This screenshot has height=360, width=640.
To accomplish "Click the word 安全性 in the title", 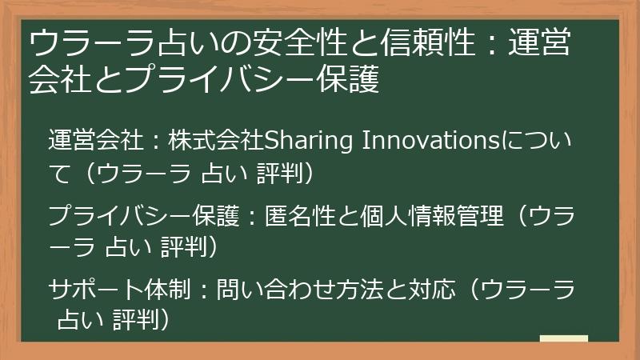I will click(x=268, y=45).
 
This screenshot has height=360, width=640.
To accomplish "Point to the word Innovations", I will click(x=430, y=142).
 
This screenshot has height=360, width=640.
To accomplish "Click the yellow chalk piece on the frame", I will click(x=563, y=339).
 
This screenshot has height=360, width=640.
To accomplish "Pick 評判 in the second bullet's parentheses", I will click(x=185, y=246).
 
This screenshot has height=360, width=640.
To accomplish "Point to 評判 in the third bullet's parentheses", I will click(x=137, y=320).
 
